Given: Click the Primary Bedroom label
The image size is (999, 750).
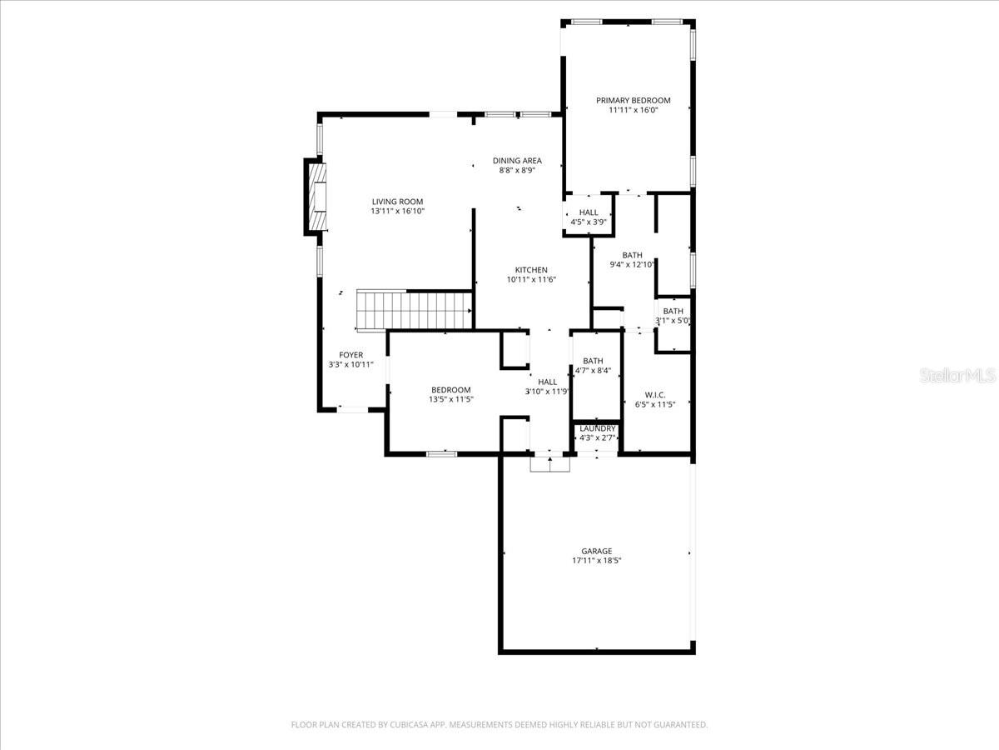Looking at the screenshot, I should point(633,100).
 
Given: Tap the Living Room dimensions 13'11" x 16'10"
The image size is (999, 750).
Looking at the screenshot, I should point(398,212).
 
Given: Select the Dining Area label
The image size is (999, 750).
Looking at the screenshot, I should point(517,161).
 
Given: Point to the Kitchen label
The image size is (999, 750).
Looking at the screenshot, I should point(531,269).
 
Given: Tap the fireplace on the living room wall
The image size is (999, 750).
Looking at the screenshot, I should point(316,197).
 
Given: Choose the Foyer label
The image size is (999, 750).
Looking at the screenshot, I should point(350,355).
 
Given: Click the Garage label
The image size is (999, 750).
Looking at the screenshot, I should point(596,551).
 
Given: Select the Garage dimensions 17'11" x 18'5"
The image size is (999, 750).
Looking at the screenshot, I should point(596,561).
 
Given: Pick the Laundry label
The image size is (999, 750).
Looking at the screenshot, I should point(598,428).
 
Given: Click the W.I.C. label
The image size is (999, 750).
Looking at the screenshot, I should point(655,394).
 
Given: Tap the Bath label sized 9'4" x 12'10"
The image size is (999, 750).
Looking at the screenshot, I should point(633,255).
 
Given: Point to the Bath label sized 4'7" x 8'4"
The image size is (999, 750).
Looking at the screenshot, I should point(593,361).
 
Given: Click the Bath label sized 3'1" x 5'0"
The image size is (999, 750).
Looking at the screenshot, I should point(673,311).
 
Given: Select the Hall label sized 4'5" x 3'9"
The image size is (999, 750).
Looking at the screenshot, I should point(589,212).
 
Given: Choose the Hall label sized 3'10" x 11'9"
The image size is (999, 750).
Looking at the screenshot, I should point(547,382).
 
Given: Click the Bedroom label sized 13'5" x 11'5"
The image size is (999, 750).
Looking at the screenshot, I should point(450,390).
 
